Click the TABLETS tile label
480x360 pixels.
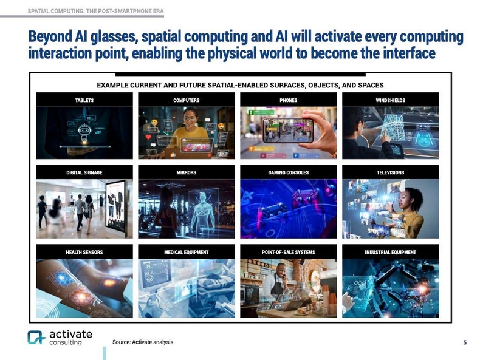click(x=84, y=100)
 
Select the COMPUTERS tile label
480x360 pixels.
click(x=186, y=100)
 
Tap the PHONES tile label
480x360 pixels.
click(x=288, y=100)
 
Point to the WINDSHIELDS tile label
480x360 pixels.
click(x=390, y=100)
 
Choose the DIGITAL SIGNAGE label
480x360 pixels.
click(x=84, y=172)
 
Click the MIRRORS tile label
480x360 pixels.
click(x=186, y=172)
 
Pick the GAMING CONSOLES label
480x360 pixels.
click(x=288, y=172)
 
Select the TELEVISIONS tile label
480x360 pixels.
click(x=390, y=172)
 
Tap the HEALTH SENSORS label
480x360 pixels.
click(x=84, y=252)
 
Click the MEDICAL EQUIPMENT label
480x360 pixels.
click(x=186, y=252)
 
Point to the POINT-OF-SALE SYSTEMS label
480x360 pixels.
click(x=288, y=252)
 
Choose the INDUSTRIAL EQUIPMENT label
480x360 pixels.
click(x=390, y=252)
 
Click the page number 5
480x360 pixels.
click(x=465, y=342)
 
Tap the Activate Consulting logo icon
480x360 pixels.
click(x=36, y=338)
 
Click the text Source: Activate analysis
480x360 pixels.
click(x=143, y=342)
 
